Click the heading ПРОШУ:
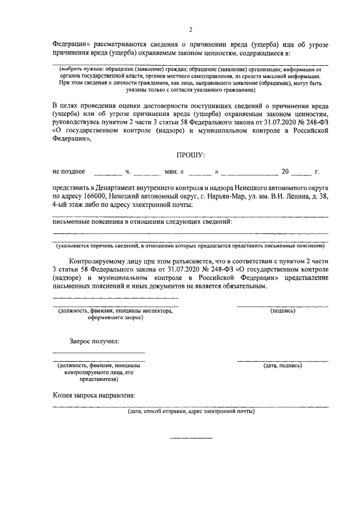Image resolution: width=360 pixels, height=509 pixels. click(191, 154)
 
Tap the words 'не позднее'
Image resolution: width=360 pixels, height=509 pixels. click(69, 171)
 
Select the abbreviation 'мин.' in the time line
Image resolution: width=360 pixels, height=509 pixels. click(172, 171)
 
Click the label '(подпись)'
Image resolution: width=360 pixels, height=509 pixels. click(282, 310)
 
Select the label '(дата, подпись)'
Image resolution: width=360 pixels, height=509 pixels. click(282, 365)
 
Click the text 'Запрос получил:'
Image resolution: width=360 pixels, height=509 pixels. click(94, 341)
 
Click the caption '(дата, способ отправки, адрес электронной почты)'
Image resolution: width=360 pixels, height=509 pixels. click(191, 412)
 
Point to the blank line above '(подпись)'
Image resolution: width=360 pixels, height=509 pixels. click(282, 305)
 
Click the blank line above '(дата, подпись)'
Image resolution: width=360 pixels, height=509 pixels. click(282, 360)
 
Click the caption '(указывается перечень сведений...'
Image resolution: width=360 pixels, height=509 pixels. click(191, 246)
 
